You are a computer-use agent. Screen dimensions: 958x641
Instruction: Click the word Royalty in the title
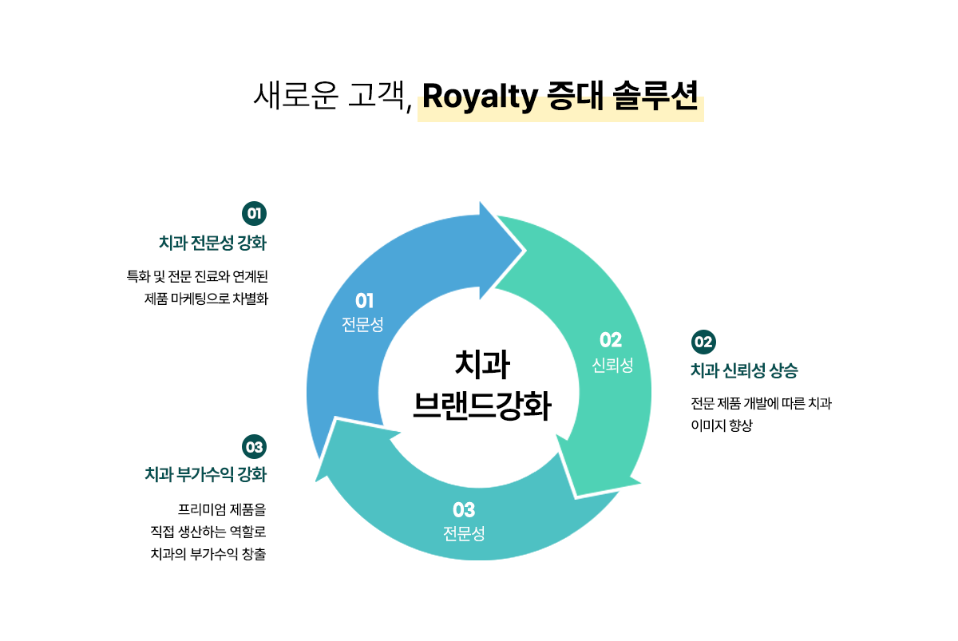point(480,97)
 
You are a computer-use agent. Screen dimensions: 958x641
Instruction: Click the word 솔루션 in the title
point(655,96)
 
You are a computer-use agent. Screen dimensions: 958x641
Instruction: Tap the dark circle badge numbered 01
point(254,213)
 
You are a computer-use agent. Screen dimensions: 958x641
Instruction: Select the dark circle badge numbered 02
point(703,342)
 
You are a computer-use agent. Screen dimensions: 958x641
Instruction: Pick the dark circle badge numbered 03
point(254,447)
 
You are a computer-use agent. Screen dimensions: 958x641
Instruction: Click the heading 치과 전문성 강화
point(212,243)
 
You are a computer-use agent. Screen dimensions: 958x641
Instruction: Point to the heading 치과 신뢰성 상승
point(745,370)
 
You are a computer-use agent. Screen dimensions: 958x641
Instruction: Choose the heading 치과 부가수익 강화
point(206,474)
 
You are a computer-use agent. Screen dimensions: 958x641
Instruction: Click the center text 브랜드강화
point(482,406)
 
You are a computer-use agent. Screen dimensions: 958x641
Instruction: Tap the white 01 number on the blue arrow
point(364,301)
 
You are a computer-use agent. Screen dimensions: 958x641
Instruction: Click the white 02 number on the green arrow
point(611,340)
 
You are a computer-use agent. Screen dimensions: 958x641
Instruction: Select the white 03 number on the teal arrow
point(464,510)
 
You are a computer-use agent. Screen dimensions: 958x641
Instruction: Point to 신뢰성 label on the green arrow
point(612,365)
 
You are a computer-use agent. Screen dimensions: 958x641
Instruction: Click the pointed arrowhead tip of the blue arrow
point(524,251)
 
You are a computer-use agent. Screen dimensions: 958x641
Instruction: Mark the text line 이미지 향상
point(722,425)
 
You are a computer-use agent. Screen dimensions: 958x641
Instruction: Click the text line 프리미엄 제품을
point(222,509)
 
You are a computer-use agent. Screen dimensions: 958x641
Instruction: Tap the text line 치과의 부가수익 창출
point(208,554)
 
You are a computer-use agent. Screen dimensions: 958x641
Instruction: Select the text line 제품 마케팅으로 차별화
point(206,299)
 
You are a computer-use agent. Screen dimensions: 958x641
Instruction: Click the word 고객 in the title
point(376,95)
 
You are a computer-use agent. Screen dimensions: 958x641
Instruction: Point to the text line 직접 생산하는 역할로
point(208,532)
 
